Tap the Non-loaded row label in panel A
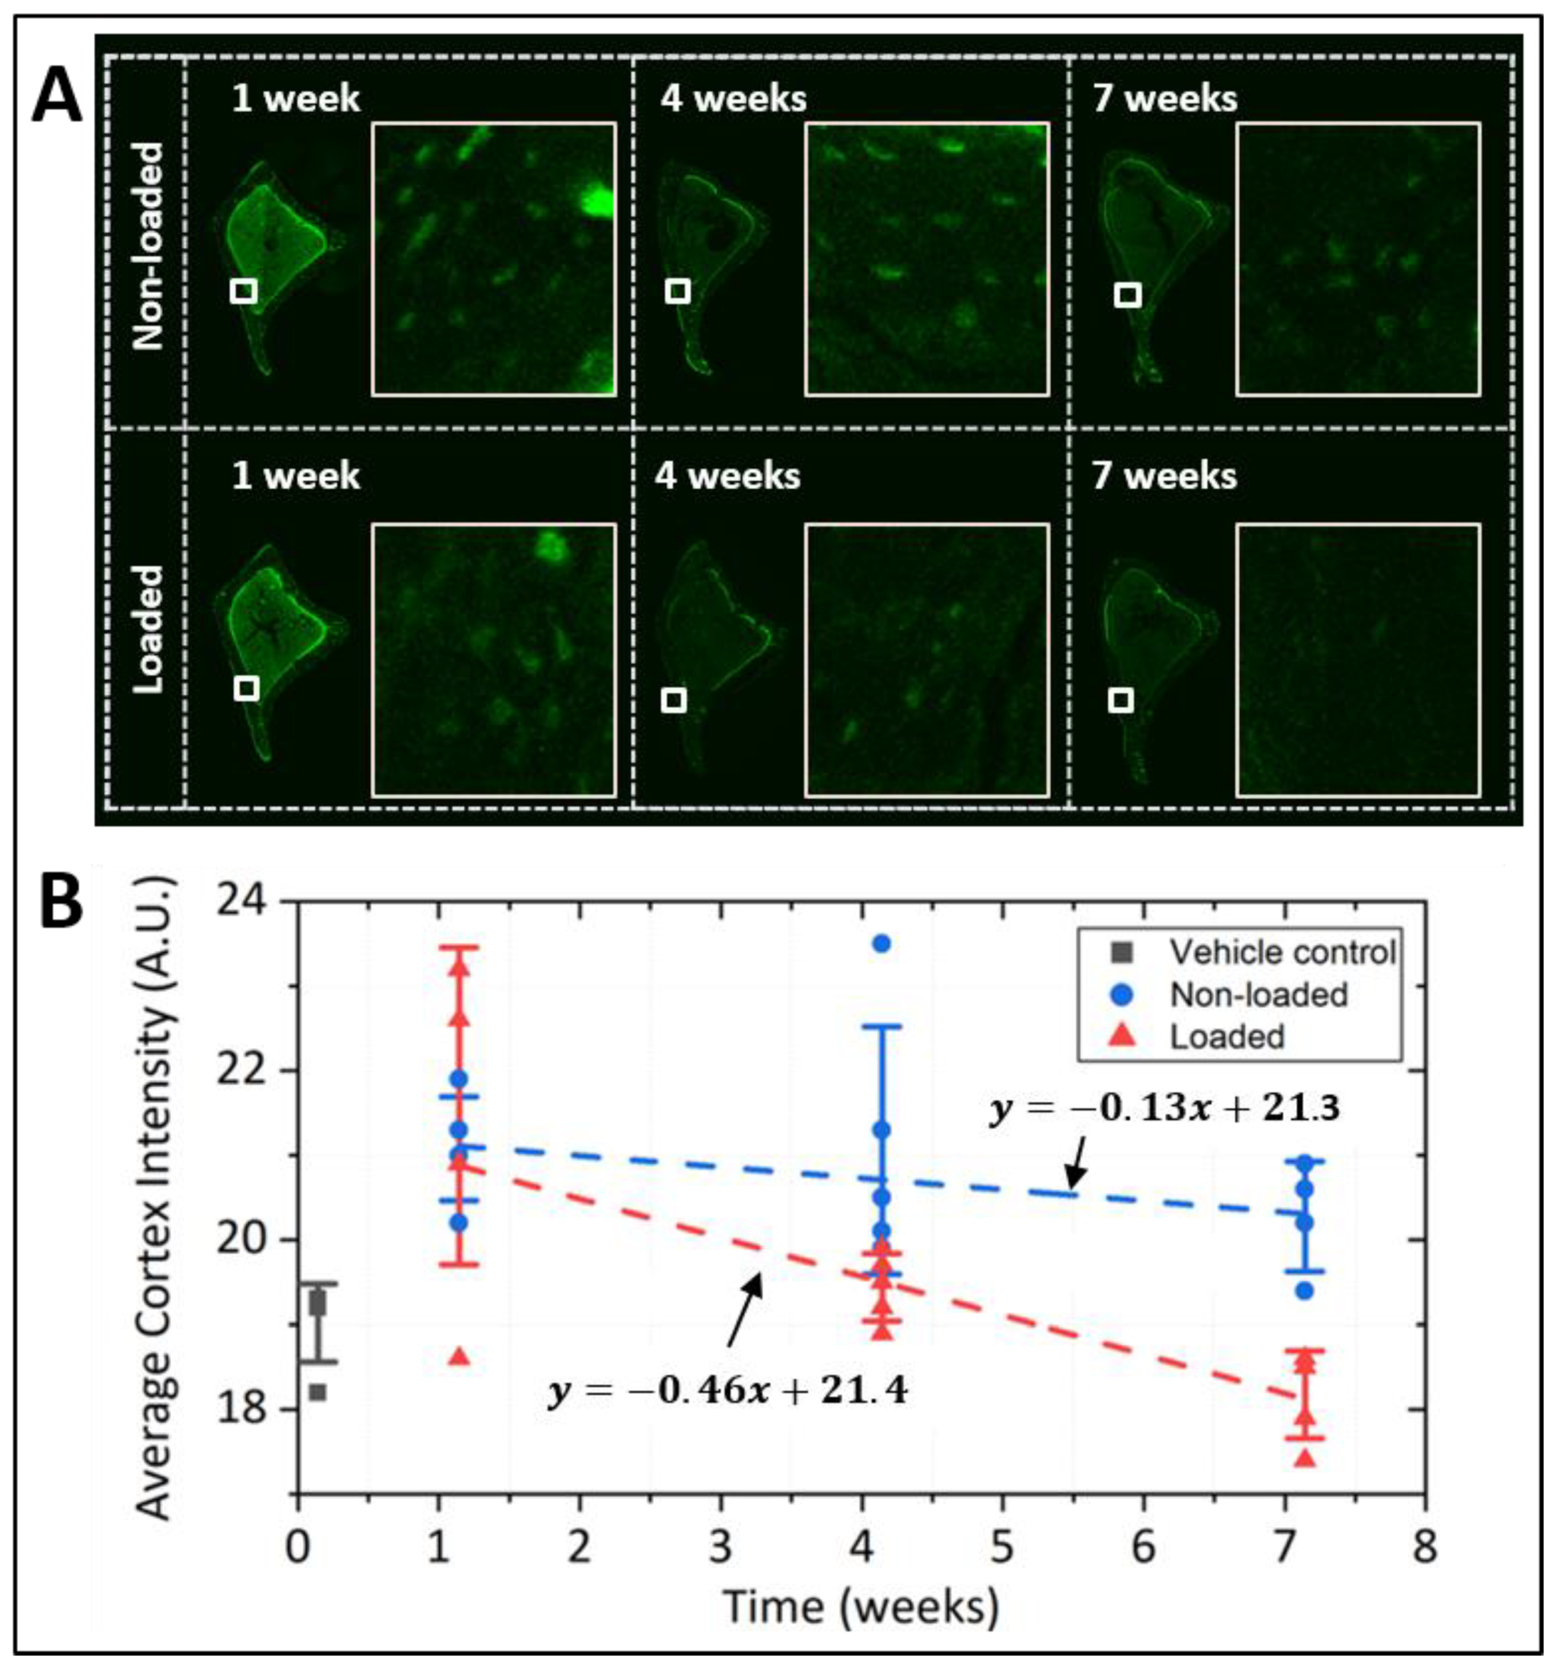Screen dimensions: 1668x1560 point(148,245)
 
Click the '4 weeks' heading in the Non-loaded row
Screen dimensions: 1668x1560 point(733,99)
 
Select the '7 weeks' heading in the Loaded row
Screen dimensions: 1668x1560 point(1164,476)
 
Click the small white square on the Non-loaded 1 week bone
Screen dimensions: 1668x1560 point(243,291)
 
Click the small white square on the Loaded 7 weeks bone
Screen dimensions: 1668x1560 point(1121,700)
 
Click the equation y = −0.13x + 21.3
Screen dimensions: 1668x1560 point(1165,1108)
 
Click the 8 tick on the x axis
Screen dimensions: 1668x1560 point(1424,1546)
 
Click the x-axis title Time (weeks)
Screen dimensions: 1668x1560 point(861,1607)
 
